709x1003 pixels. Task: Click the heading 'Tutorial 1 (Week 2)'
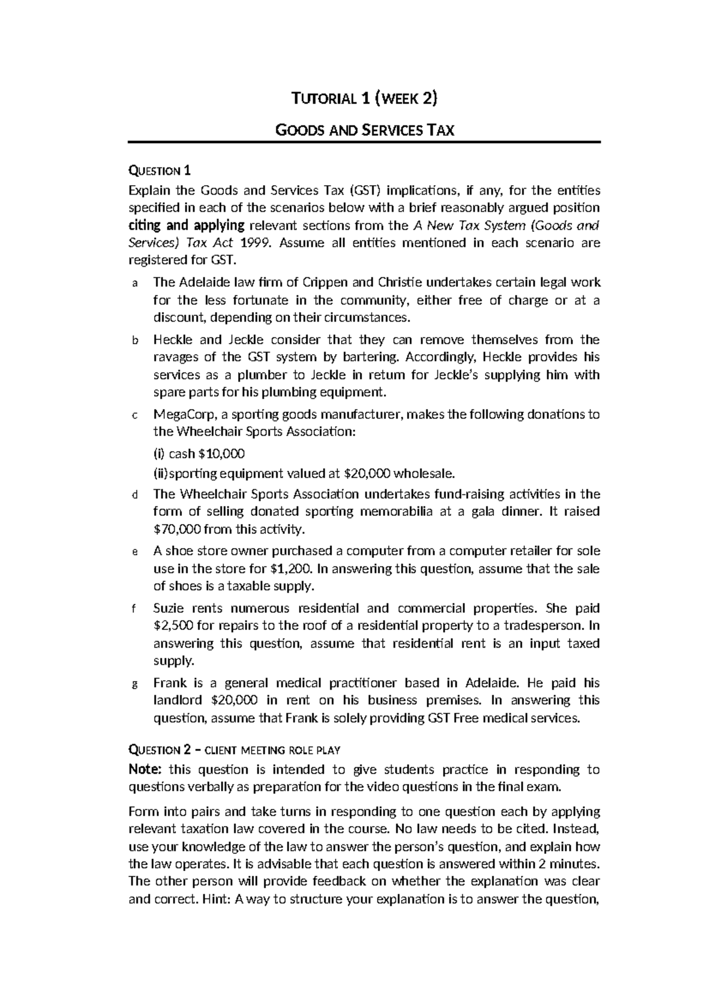(365, 99)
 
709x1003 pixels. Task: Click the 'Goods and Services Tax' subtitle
(365, 130)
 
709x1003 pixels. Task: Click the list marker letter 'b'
(134, 341)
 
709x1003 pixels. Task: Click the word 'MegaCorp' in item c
(180, 415)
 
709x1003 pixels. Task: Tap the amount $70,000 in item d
(177, 529)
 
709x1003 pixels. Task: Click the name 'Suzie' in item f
(168, 608)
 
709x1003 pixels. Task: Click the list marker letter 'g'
(134, 684)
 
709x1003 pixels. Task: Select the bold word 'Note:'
(145, 769)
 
